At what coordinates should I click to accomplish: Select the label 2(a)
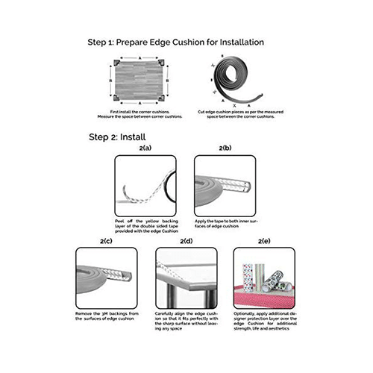(x=146, y=149)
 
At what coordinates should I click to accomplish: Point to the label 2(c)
(x=107, y=241)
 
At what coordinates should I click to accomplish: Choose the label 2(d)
(x=185, y=241)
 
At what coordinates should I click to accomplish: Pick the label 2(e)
(x=263, y=241)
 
